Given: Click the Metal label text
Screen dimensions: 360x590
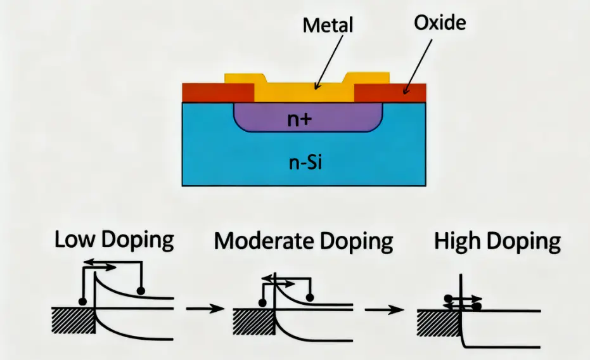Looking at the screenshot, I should tap(328, 26).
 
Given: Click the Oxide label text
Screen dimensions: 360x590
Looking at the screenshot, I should tap(440, 24).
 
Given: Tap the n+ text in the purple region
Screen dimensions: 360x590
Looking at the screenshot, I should tap(299, 119).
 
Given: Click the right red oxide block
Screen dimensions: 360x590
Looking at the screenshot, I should tap(390, 93).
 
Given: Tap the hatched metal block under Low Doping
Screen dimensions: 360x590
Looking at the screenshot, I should tap(72, 321).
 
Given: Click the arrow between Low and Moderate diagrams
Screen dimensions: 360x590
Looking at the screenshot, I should tap(205, 309).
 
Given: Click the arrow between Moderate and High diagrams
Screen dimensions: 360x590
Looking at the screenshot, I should tap(386, 309).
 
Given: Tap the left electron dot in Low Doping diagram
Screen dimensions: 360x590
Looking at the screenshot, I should tap(82, 300).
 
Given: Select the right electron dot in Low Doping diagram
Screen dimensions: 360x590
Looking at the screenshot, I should tap(141, 290).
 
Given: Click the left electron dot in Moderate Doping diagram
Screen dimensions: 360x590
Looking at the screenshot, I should tap(261, 300).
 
